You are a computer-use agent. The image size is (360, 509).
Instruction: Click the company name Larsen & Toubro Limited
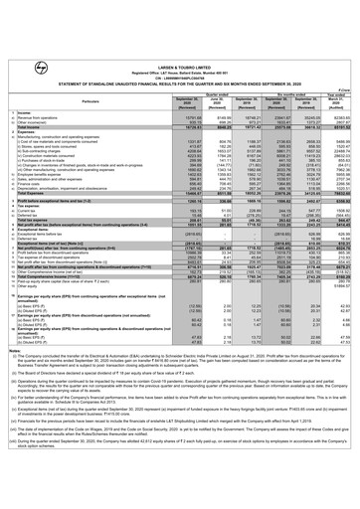pos(179,9)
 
